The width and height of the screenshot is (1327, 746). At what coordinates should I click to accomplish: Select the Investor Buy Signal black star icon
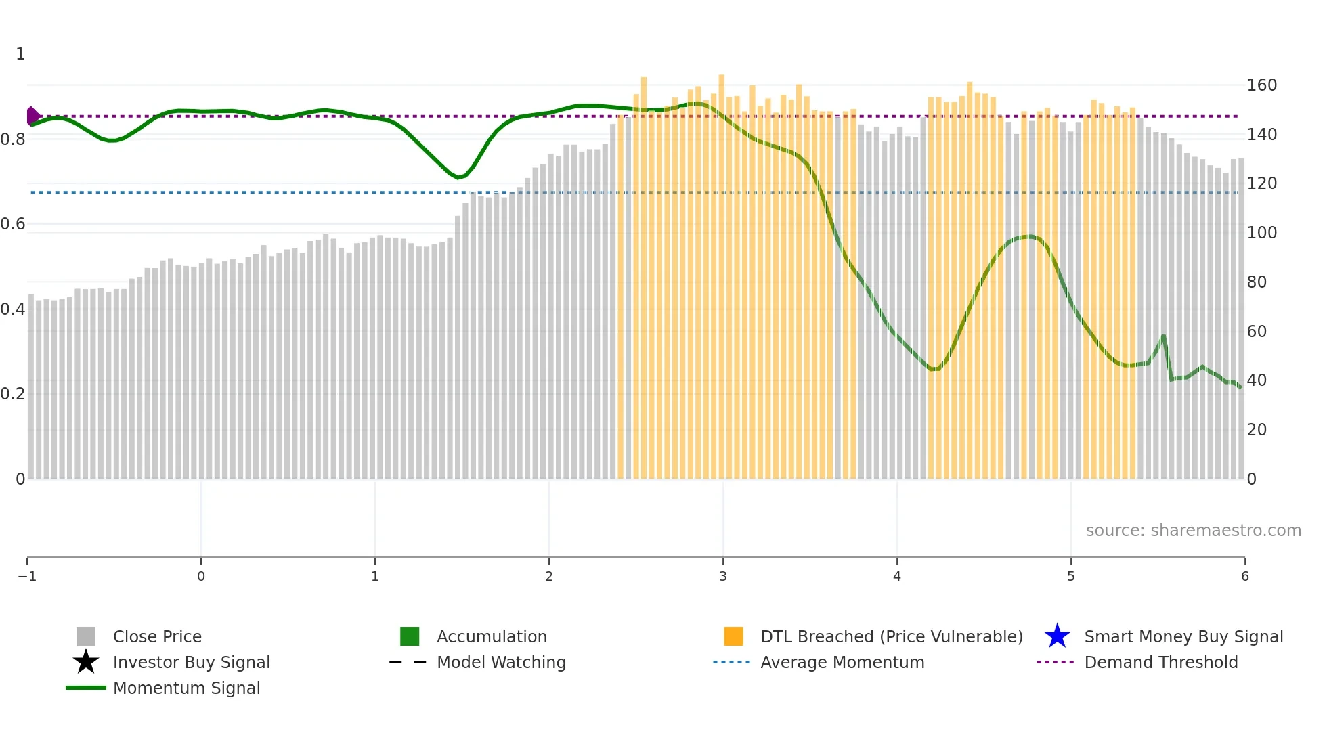86,662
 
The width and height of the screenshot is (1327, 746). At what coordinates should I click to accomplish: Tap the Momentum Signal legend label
186,688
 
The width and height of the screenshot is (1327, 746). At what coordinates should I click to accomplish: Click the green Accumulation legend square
410,636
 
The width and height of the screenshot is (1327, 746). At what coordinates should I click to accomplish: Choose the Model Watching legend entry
500,662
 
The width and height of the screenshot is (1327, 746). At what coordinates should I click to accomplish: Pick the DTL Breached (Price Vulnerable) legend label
891,636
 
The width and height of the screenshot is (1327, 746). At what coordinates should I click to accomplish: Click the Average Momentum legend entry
842,662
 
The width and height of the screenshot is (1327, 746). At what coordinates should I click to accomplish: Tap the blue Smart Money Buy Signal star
1057,636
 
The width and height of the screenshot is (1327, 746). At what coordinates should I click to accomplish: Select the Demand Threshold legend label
1160,662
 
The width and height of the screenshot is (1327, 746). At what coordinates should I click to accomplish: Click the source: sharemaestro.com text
1193,530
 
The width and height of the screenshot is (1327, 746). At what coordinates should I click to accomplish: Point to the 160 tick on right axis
1261,85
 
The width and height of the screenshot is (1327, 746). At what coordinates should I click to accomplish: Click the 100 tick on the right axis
1261,233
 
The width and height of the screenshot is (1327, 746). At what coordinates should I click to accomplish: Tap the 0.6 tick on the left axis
13,224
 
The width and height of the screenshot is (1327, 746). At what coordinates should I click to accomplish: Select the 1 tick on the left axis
20,54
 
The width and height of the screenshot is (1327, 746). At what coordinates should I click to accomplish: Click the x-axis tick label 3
723,576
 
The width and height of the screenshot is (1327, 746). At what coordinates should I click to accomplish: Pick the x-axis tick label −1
27,576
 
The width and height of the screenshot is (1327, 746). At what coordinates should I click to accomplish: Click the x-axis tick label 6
1244,576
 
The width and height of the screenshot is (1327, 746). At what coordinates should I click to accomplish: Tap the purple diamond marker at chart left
32,116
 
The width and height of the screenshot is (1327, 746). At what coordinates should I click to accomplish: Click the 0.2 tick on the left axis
13,394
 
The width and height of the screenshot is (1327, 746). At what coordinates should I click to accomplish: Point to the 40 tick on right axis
1257,380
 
